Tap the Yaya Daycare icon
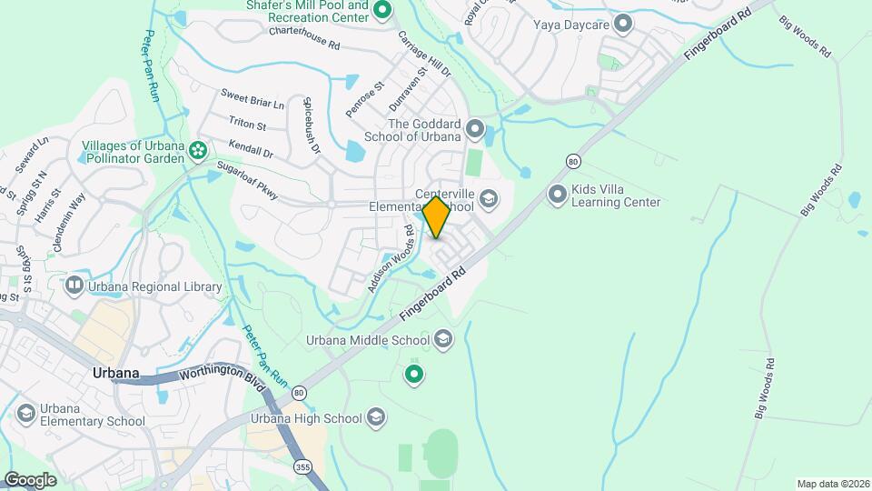point(623,23)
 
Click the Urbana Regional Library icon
point(74,286)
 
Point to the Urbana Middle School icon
point(443,340)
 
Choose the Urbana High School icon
point(376,418)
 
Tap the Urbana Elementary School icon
point(26,414)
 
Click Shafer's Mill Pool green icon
point(382,11)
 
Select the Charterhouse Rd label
point(304,37)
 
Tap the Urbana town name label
point(115,373)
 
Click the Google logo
point(31,479)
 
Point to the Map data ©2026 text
point(832,484)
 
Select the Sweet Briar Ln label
point(253,99)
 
